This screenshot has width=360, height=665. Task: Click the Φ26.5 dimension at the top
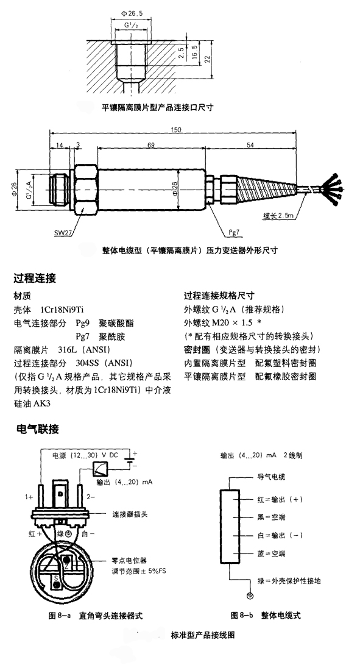click(x=132, y=13)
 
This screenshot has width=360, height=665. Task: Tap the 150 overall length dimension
click(x=176, y=129)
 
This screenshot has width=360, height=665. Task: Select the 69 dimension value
click(x=150, y=145)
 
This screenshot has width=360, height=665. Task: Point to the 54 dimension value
click(x=250, y=145)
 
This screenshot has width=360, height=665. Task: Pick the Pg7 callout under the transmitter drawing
click(x=235, y=232)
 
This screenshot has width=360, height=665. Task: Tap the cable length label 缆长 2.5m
click(x=278, y=216)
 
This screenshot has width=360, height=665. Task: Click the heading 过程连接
click(x=35, y=279)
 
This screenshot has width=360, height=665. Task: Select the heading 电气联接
click(x=37, y=429)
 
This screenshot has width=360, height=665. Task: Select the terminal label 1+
click(x=29, y=496)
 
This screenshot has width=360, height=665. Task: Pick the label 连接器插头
click(x=130, y=514)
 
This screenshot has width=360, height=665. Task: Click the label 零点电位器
click(x=129, y=561)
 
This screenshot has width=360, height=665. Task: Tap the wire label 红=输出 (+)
click(x=280, y=500)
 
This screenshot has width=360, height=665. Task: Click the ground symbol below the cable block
click(x=250, y=596)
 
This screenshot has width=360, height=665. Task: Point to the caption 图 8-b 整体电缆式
click(x=266, y=616)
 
